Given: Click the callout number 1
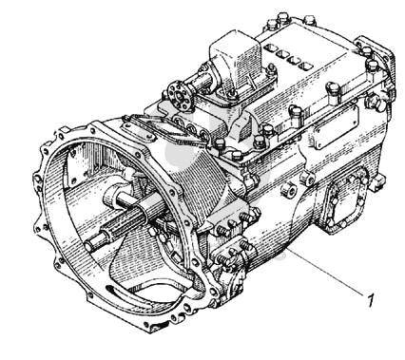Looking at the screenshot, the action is point(371,299).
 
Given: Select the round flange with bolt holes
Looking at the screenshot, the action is point(180,96).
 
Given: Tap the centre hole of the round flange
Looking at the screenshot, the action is point(180,96).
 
